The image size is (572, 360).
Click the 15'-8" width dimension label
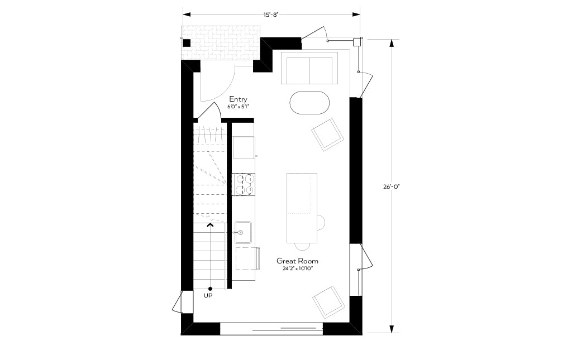271,15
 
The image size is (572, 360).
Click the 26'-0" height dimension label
392,186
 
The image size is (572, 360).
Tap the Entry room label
238,99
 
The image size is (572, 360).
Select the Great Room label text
297,261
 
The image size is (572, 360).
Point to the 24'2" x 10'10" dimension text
298,268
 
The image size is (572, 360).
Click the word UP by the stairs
208,296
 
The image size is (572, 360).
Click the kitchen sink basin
243,232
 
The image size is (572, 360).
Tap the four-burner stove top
244,185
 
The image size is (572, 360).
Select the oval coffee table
309,102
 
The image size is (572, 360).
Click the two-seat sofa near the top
309,68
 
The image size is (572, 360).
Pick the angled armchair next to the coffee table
327,134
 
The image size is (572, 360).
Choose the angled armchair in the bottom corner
328,302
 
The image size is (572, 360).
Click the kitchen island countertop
302,208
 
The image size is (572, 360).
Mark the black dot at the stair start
210,289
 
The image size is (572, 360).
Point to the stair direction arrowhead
210,225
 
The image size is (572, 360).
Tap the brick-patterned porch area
221,43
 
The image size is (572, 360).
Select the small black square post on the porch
187,43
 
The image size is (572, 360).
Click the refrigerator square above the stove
244,147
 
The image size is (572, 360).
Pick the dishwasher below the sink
246,258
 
